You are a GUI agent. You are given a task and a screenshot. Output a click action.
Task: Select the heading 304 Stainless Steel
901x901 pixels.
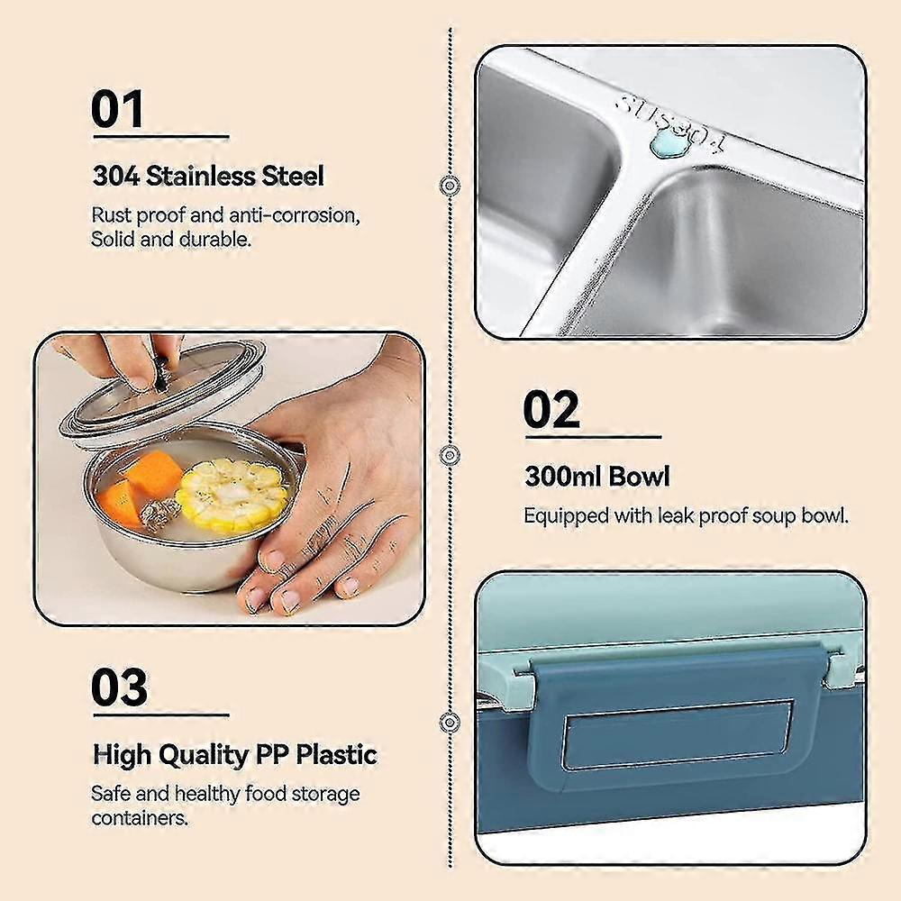coord(208,176)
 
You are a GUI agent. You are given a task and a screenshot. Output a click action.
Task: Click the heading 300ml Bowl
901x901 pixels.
coord(597,476)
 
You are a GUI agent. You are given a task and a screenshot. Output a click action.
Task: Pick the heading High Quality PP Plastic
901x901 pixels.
coord(234,754)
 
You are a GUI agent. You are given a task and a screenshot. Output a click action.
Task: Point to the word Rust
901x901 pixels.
coord(111,216)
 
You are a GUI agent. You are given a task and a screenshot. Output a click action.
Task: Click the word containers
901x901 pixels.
coord(139,818)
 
